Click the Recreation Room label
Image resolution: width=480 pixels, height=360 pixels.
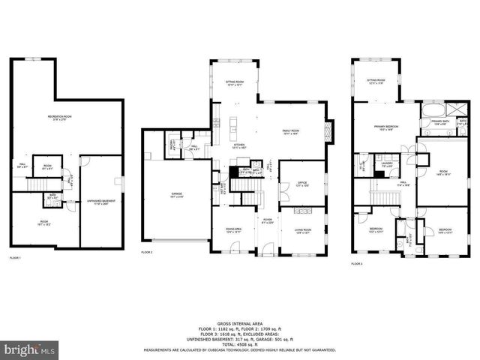click(65, 117)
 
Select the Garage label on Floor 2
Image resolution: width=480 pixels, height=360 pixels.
click(176, 196)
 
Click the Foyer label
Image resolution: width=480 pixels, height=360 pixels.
click(266, 220)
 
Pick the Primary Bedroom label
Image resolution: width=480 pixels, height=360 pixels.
click(385, 127)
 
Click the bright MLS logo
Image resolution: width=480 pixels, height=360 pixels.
click(30, 349)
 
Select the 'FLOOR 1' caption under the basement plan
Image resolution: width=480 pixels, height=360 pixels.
click(15, 259)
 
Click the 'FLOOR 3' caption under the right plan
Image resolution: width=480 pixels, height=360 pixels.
click(357, 264)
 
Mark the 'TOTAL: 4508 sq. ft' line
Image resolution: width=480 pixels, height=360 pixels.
click(239, 345)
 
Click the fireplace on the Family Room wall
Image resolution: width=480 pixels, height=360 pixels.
click(327, 132)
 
